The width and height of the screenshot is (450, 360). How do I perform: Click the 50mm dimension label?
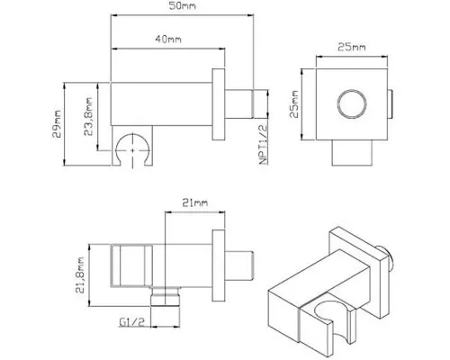pyautogui.click(x=182, y=5)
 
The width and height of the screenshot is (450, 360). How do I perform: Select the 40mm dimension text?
pyautogui.click(x=168, y=39)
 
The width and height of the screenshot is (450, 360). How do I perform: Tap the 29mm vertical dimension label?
pyautogui.click(x=57, y=124)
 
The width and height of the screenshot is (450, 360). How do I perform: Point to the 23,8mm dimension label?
pyautogui.click(x=88, y=116)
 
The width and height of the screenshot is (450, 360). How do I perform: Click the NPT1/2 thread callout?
pyautogui.click(x=263, y=145)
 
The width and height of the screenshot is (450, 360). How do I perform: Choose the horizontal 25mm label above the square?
pyautogui.click(x=352, y=47)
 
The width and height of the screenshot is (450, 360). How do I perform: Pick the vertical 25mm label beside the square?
pyautogui.click(x=294, y=104)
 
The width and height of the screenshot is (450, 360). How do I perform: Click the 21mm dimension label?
pyautogui.click(x=195, y=202)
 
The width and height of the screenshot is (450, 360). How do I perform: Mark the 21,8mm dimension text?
pyautogui.click(x=80, y=274)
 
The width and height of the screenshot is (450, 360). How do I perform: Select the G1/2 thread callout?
pyautogui.click(x=132, y=322)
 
